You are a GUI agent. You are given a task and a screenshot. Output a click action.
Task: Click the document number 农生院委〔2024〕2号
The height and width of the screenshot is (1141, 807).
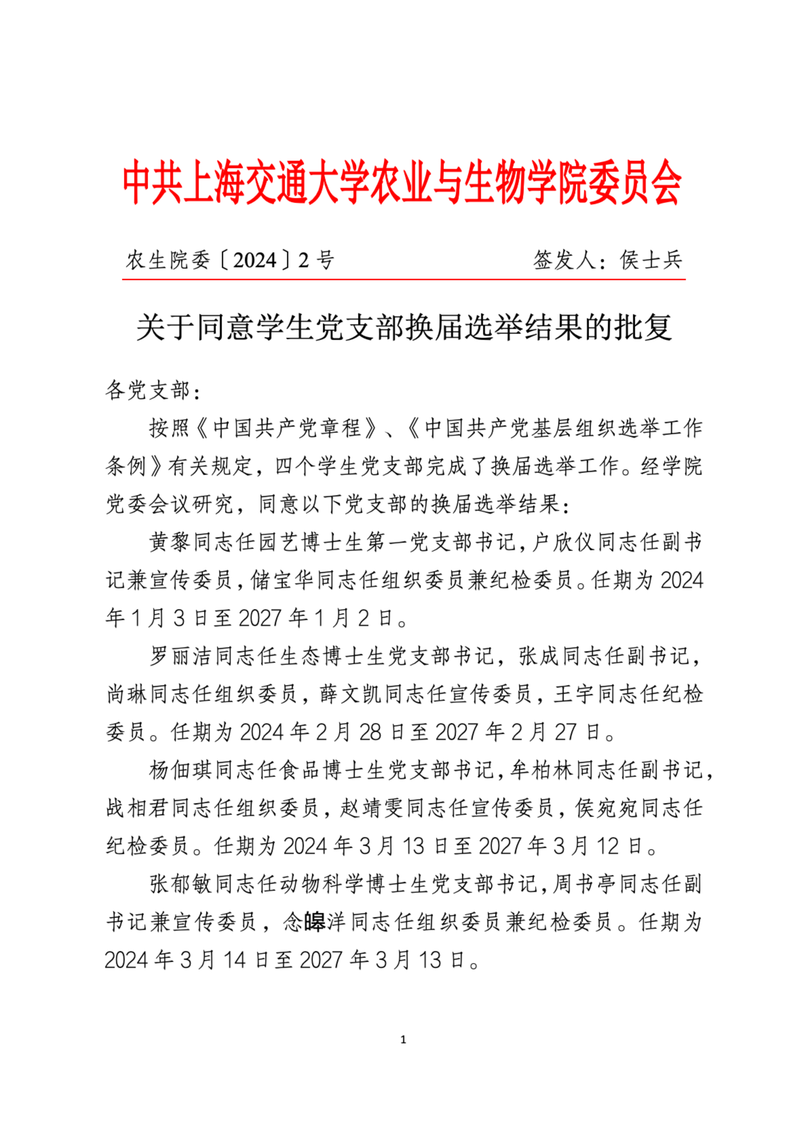tap(230, 260)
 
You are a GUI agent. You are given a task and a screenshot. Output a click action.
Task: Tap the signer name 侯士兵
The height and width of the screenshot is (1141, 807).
tap(651, 260)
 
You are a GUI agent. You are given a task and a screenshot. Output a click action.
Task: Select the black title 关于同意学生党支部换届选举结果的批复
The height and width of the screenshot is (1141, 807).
tap(404, 328)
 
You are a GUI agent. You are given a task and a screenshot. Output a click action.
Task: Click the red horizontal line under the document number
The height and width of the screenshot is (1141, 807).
tap(404, 279)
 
